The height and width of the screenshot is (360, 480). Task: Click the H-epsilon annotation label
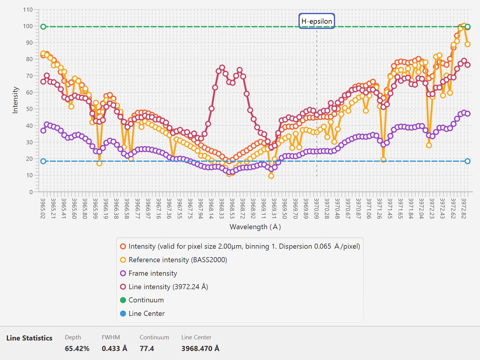coord(316,21)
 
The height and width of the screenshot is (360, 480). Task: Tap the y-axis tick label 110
coord(28,10)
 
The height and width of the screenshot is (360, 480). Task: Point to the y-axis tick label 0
coord(31,192)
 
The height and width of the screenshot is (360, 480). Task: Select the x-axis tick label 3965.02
coord(43,208)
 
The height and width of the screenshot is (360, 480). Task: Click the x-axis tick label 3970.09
coord(316,208)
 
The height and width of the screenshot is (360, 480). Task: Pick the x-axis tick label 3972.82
coord(463,208)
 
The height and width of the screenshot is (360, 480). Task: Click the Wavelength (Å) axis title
coord(255,227)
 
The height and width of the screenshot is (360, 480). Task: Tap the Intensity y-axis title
coord(15,100)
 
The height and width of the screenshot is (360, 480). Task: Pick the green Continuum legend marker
coord(123,300)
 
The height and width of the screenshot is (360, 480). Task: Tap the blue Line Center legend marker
coord(123,314)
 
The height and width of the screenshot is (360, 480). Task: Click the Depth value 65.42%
coord(77,348)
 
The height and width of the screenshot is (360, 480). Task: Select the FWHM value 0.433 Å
coord(114,348)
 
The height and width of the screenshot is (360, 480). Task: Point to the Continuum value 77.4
coord(147,348)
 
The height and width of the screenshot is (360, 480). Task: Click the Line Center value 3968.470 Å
coord(200,348)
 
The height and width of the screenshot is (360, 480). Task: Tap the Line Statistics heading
coord(29,338)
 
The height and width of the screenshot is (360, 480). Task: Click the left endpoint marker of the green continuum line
coord(43,27)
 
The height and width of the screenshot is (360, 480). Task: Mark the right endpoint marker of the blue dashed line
coord(467,161)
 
